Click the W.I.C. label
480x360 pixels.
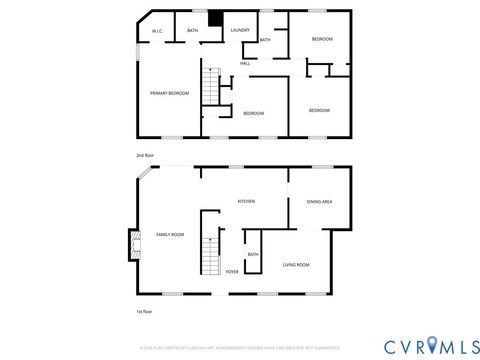(x=157, y=32)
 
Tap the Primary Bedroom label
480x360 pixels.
(x=169, y=93)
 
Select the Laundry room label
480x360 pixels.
(x=240, y=30)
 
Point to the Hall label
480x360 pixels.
(x=245, y=64)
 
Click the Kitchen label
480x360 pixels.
(x=245, y=202)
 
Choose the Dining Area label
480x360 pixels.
(x=320, y=202)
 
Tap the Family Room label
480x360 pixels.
(x=170, y=235)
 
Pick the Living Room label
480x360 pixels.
(x=296, y=264)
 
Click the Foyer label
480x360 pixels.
(x=232, y=271)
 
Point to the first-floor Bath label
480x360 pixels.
(x=253, y=254)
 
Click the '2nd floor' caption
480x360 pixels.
(x=145, y=155)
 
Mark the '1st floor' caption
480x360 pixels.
(x=144, y=311)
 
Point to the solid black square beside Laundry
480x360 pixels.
(x=214, y=16)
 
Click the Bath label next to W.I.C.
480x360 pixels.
(x=192, y=32)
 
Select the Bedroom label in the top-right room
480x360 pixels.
(x=321, y=38)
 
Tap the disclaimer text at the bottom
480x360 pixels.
(x=240, y=347)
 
